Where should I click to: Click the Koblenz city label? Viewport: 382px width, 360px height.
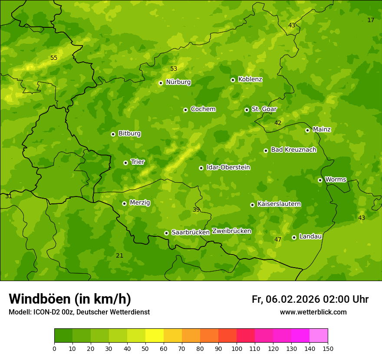pyautogui.click(x=250, y=79)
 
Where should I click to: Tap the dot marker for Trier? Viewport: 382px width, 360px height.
pyautogui.click(x=125, y=163)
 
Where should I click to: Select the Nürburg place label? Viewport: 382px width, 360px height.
pyautogui.click(x=178, y=82)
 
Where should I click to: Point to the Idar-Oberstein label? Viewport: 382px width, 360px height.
pyautogui.click(x=228, y=167)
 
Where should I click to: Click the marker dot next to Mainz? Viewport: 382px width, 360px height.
pyautogui.click(x=307, y=130)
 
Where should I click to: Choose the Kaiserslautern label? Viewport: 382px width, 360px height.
pyautogui.click(x=279, y=204)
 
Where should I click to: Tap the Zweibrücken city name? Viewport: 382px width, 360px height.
pyautogui.click(x=231, y=231)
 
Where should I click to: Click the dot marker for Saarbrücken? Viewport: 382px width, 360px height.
pyautogui.click(x=166, y=233)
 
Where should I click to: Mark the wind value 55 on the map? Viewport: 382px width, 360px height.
pyautogui.click(x=54, y=58)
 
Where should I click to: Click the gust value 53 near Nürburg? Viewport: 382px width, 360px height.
pyautogui.click(x=174, y=69)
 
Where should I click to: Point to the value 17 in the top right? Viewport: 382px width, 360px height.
pyautogui.click(x=371, y=20)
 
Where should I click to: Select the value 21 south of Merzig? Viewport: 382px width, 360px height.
pyautogui.click(x=119, y=255)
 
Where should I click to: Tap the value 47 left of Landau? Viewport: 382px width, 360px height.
pyautogui.click(x=278, y=239)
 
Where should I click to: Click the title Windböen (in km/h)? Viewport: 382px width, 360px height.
pyautogui.click(x=70, y=299)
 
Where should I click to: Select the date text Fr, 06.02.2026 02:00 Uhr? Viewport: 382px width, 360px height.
pyautogui.click(x=310, y=299)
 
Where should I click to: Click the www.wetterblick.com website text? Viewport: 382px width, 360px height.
pyautogui.click(x=313, y=312)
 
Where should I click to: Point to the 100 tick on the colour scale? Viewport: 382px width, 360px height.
pyautogui.click(x=237, y=348)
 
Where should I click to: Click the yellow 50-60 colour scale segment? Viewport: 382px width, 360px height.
pyautogui.click(x=155, y=336)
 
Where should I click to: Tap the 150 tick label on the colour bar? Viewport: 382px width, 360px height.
pyautogui.click(x=328, y=348)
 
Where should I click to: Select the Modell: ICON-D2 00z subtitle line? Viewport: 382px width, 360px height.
pyautogui.click(x=79, y=312)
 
